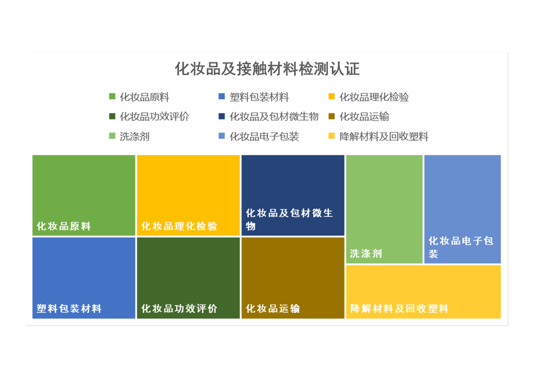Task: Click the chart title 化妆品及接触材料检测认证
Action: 267,69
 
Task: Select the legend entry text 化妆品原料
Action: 144,97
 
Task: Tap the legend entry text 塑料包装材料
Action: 259,97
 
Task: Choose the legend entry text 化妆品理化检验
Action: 374,97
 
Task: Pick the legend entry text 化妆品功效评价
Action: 154,117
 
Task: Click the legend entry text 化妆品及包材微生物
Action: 274,117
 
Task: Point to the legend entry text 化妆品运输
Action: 364,117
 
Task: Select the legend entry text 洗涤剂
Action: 135,137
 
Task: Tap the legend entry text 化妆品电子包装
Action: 264,137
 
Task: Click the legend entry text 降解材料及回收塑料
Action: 384,137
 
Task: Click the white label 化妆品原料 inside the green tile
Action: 64,226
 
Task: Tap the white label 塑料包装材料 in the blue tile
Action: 69,308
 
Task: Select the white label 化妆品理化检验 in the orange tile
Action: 179,226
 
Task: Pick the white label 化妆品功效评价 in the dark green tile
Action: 179,308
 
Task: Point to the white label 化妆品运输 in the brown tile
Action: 273,308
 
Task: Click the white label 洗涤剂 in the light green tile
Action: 366,253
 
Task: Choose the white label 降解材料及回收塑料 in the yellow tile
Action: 399,308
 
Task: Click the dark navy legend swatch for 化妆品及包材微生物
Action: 222,116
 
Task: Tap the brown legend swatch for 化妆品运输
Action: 331,116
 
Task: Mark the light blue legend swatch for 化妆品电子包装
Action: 222,136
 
